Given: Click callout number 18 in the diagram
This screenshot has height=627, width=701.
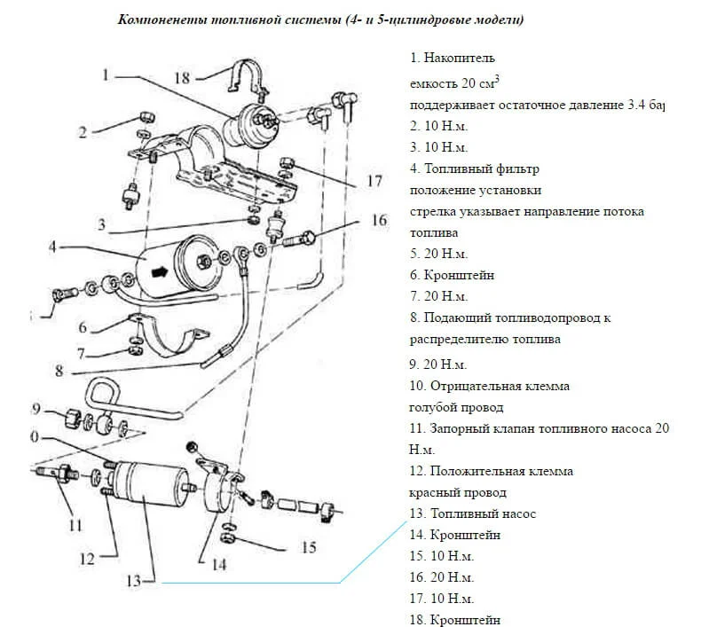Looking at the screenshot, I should point(182,78).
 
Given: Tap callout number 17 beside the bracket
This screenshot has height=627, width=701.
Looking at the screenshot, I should point(374,181).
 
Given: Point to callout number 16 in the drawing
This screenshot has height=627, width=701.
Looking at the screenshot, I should point(379,221).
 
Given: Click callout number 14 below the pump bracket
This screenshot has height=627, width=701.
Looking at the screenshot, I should point(218,563).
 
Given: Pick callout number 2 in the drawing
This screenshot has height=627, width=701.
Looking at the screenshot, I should point(82,133).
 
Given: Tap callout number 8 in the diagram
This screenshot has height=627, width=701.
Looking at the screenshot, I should point(59,371).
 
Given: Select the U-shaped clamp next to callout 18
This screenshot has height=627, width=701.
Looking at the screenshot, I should point(242,78).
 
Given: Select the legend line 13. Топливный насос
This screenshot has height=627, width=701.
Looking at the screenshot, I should point(473,513).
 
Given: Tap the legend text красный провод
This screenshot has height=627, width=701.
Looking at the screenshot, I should point(458,492).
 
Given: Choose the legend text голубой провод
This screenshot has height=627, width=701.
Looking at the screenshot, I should point(456,407).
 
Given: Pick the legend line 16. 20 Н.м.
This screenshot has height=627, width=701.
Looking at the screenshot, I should point(442,577).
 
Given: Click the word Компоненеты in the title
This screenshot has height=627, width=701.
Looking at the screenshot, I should point(159,20).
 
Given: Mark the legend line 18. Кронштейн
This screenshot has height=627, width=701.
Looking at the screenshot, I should point(455,620).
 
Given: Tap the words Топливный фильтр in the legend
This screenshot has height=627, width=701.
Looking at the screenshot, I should point(484,168).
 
